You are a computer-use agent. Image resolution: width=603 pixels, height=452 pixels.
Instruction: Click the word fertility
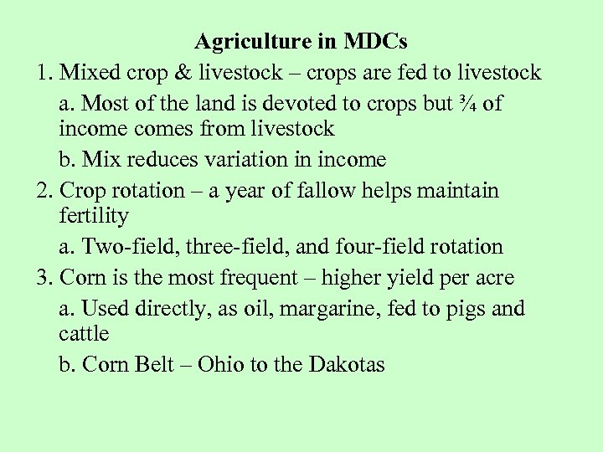tap(94, 216)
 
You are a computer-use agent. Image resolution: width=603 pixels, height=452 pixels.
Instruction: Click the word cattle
tap(84, 334)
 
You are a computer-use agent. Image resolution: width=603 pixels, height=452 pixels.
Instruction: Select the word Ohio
tap(223, 365)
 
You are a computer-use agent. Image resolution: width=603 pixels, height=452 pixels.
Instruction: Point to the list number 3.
tap(44, 278)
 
